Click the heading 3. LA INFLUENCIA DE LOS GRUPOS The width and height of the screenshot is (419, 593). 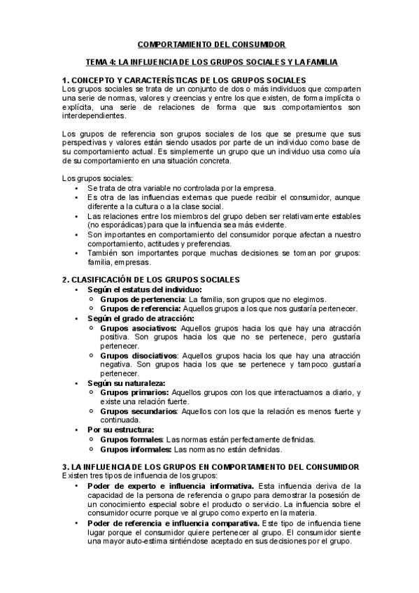pos(211,466)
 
